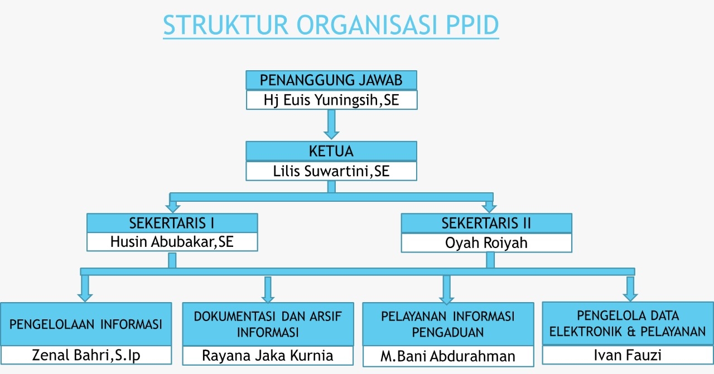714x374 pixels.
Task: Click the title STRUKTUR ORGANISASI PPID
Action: coord(331,25)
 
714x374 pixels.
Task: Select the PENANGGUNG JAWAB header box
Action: coord(331,80)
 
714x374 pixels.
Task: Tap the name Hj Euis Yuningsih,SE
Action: coord(331,100)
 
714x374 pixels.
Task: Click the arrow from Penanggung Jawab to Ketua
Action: coord(331,124)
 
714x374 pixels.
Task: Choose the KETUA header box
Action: coord(331,151)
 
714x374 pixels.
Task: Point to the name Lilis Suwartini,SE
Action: coord(331,171)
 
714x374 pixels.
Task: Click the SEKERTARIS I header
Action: coord(172,223)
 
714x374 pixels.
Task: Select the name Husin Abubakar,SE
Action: coord(172,242)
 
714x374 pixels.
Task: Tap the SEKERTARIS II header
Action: coord(486,223)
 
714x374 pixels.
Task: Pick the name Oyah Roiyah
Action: coord(486,243)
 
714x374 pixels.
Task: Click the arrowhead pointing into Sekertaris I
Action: coord(173,208)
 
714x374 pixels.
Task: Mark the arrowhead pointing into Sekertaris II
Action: coord(489,208)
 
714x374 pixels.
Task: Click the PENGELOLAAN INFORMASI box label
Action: coord(86,324)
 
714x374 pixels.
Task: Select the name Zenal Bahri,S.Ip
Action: coord(86,355)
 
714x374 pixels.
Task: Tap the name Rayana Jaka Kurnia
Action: coord(268,356)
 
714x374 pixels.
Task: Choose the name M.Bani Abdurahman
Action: coord(448,356)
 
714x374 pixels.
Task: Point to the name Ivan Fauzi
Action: coord(628,355)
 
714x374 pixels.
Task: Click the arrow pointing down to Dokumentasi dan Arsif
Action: coord(268,290)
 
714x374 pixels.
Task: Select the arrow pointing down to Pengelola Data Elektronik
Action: coord(630,289)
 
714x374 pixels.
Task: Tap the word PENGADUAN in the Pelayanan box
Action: coord(448,333)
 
